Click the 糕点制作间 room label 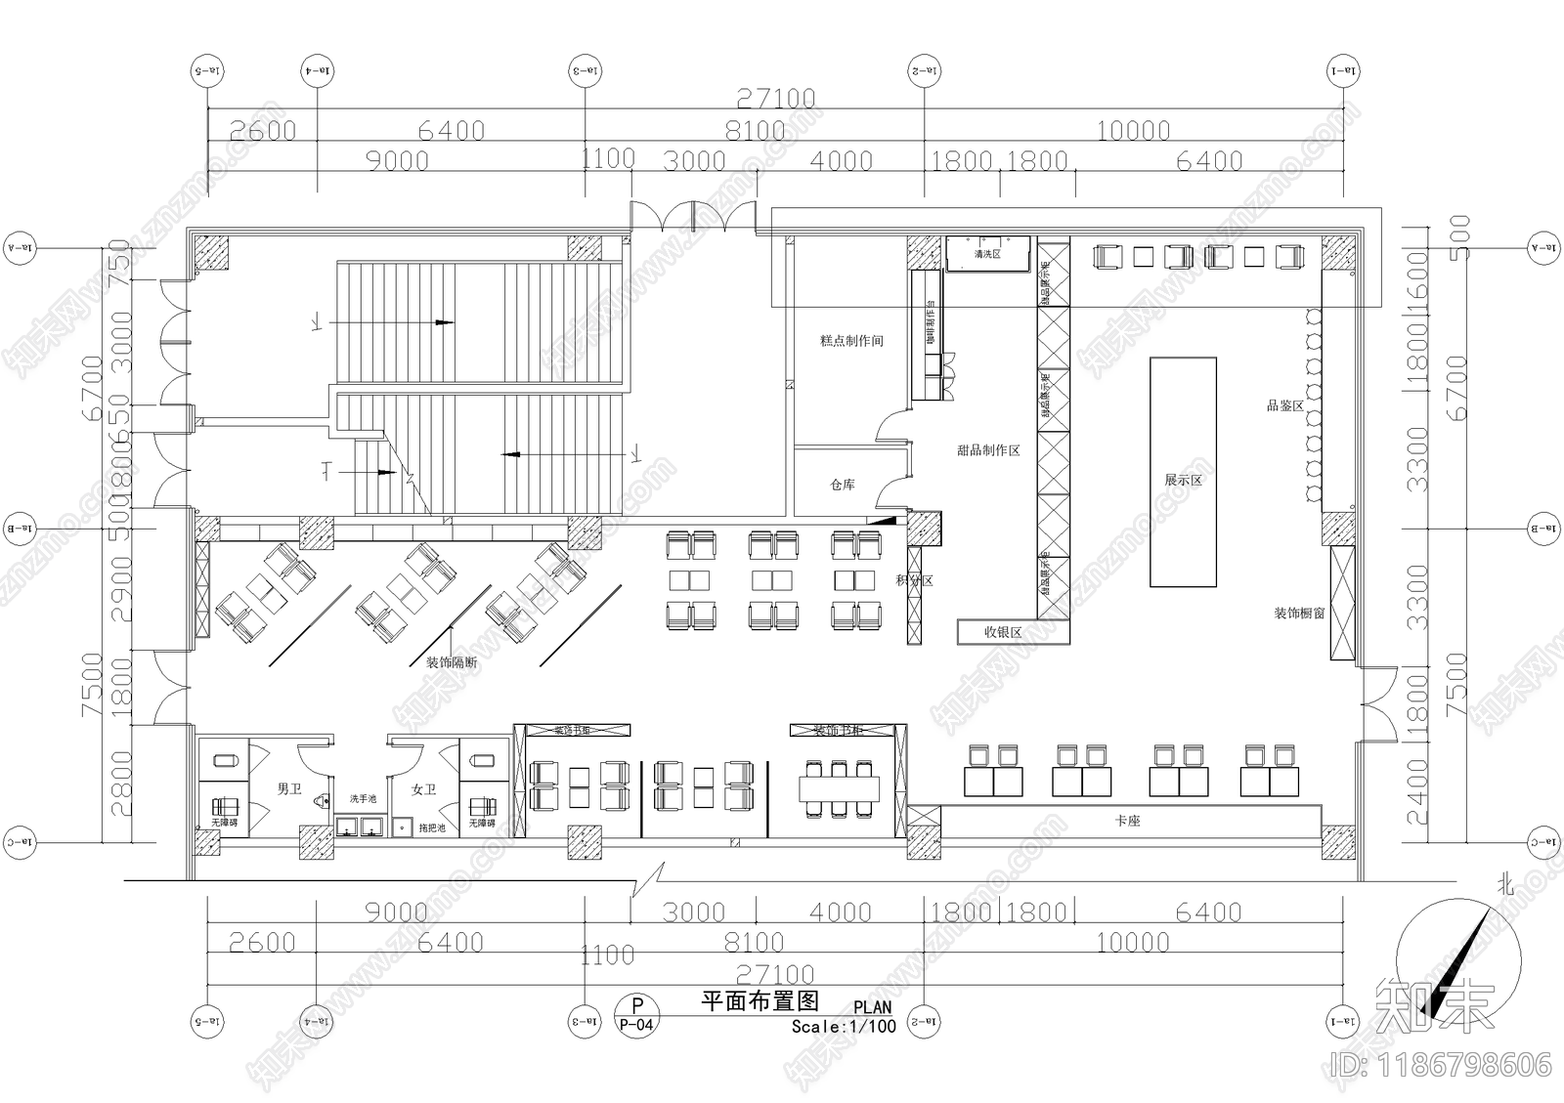point(851,341)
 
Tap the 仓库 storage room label point(843,485)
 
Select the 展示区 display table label point(1183,481)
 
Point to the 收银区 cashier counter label point(1002,633)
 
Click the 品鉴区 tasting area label point(1285,405)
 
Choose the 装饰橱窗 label point(1299,614)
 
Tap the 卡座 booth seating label point(1128,822)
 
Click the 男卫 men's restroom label point(289,788)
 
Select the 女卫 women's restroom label point(423,788)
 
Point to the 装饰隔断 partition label point(452,662)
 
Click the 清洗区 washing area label point(987,254)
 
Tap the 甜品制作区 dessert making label point(988,450)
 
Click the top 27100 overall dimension point(775,98)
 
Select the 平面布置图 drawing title point(760,1000)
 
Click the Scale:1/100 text point(843,1027)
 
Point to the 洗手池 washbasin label point(363,799)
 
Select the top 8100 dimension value point(755,130)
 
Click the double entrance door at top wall point(693,217)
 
